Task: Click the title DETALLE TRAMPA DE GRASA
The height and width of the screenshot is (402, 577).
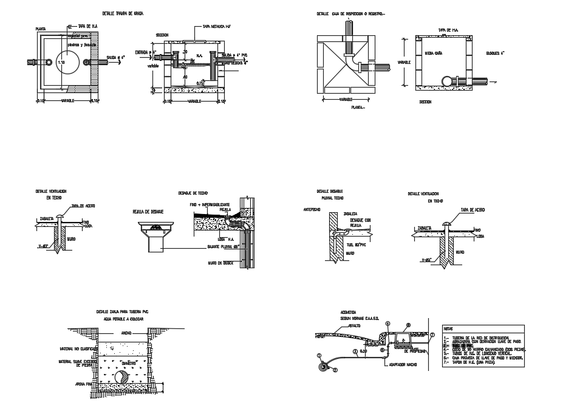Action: [125, 13]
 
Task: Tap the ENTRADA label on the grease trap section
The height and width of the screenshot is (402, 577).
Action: [142, 52]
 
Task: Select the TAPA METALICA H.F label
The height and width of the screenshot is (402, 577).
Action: [212, 27]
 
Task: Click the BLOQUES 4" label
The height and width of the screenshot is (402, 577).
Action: [496, 53]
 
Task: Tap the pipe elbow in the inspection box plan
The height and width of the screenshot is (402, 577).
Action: [353, 61]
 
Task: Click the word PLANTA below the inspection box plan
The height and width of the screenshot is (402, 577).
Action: [358, 106]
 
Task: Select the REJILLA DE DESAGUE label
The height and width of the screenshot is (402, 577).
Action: [148, 212]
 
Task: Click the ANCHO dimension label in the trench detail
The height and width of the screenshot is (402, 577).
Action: [126, 333]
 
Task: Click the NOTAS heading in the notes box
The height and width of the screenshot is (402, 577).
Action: [448, 328]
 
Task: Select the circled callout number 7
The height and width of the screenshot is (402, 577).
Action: [432, 334]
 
